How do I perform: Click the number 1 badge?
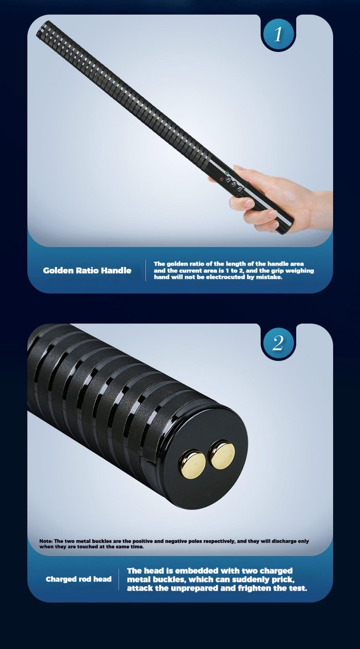(x=278, y=34)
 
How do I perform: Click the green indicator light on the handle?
(x=227, y=173)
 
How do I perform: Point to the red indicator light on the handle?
(x=221, y=179)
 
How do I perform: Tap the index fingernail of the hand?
(x=238, y=168)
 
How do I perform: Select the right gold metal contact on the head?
(x=222, y=454)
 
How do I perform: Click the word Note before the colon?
(x=46, y=541)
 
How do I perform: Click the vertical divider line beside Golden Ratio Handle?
(x=145, y=271)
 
